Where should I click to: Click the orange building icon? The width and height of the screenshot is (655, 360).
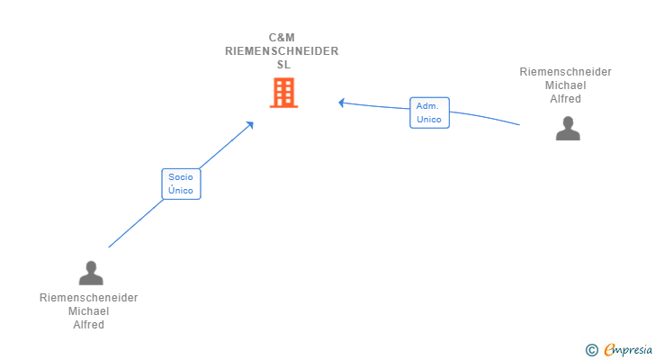point(283,93)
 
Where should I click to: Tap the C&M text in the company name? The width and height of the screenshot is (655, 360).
point(282,38)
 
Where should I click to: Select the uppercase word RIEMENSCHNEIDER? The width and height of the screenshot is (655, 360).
point(282,51)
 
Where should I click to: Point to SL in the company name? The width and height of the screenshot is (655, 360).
point(283,65)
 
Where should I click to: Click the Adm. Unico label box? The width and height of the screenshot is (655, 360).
point(429,112)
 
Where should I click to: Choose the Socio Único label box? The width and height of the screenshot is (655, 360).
point(182,184)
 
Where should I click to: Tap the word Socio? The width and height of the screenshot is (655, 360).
point(181,177)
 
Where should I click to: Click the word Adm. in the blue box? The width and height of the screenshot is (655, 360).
point(427,106)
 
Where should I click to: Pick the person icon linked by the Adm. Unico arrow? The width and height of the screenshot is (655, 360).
point(568,129)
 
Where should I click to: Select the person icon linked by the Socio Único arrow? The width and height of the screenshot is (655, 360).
point(91,273)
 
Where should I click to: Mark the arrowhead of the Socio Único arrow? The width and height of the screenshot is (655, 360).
point(251,124)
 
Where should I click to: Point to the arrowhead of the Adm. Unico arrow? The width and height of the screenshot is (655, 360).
point(342,103)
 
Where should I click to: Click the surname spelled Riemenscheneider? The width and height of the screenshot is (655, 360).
point(88,298)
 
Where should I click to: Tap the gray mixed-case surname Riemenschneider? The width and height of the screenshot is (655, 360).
point(566,72)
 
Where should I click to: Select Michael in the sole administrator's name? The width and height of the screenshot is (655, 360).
point(566,85)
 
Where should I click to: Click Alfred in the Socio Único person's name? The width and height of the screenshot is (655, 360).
point(88,325)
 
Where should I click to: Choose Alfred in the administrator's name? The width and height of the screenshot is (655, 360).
point(566,99)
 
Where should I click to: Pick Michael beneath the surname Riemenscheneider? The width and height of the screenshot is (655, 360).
point(88,311)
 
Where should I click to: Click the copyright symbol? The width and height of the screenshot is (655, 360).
point(592,350)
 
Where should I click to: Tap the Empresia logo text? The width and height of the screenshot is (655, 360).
point(628,350)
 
